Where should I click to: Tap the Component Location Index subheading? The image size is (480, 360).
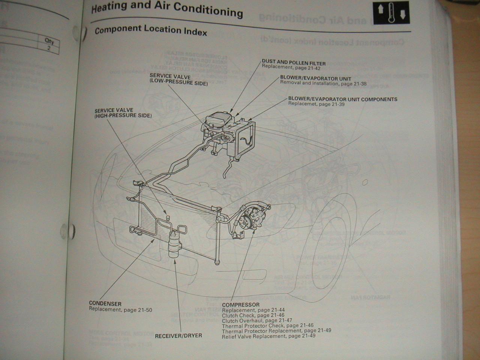point(151,30)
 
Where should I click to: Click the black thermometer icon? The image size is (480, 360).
point(391,13)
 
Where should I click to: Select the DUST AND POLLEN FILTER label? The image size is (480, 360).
point(294,63)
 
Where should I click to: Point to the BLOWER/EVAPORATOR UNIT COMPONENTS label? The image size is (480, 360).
point(342,99)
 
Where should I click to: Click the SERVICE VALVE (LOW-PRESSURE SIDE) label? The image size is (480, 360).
point(178,80)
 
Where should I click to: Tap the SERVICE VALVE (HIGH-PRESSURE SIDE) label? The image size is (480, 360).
point(123,113)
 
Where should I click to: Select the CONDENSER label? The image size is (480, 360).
point(105,303)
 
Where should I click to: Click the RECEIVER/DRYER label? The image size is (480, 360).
point(178,336)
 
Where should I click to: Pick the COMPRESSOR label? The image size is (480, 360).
point(240,305)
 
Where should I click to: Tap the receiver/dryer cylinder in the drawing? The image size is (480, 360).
point(174,244)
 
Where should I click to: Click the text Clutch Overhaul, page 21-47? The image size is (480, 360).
point(257,321)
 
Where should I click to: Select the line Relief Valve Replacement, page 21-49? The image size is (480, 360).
point(268,336)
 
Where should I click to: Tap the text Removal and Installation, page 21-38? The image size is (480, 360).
point(323,84)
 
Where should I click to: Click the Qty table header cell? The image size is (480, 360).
point(49,40)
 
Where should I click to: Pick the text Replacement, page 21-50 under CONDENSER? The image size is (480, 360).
point(120,310)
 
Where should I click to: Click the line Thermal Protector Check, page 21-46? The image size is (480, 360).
point(267,326)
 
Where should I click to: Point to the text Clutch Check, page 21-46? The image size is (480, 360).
point(253,315)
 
